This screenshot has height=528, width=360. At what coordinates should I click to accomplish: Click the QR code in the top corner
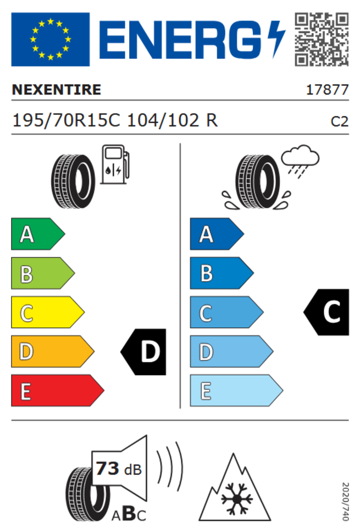point(322,40)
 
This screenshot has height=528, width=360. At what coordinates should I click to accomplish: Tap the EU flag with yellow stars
point(51,40)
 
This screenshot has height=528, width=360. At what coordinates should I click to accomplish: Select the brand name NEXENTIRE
point(57,90)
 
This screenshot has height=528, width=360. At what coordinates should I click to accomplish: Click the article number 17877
point(327,90)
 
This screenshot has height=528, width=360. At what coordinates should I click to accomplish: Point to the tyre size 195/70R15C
point(66,120)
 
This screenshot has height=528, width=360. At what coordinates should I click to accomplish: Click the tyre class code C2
point(340,122)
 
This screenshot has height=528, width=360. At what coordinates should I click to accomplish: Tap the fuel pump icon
point(115,164)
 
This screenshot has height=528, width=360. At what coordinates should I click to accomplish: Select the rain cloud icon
point(300,161)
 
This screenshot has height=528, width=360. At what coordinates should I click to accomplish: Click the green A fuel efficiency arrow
point(38,234)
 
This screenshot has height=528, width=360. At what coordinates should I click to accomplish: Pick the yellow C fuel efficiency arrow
point(47,312)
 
